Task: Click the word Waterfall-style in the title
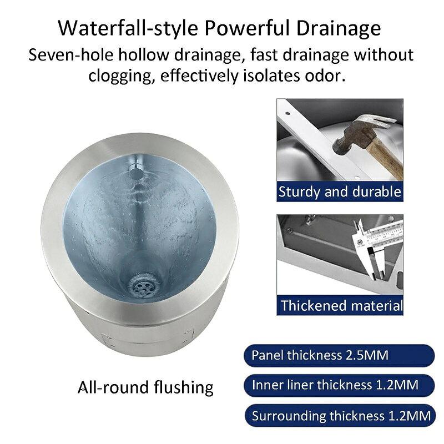[x=128, y=28]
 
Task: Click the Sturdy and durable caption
[x=340, y=191]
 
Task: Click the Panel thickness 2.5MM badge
[x=339, y=355]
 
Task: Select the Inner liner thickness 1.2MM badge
[x=339, y=385]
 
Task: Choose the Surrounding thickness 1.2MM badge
[x=340, y=415]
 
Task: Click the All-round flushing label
[x=145, y=387]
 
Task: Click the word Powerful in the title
[x=247, y=28]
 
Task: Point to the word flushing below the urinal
[x=184, y=387]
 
